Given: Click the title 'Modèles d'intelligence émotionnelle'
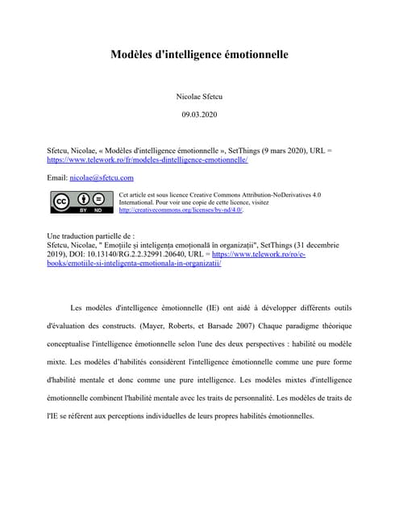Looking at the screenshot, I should [199, 56].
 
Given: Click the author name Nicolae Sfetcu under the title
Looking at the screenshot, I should [199, 97].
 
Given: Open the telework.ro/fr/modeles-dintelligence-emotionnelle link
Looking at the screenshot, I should [148, 160].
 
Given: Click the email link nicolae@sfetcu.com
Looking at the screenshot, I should [102, 177].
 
